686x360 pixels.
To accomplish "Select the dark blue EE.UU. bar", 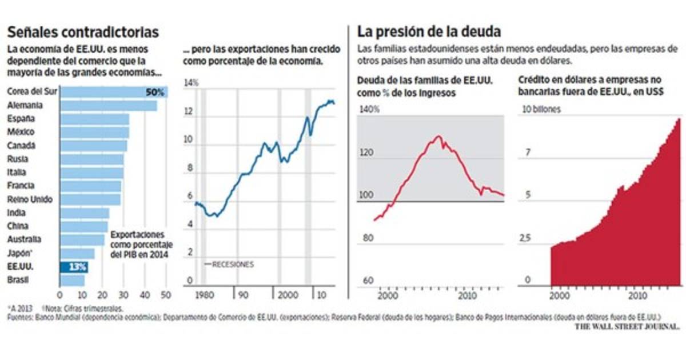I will [x=74, y=267].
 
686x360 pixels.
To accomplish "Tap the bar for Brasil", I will [x=72, y=280].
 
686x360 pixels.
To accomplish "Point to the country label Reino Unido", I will [x=30, y=199].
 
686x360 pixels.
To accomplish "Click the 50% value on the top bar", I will [x=155, y=92].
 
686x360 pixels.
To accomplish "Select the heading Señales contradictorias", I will [x=83, y=32].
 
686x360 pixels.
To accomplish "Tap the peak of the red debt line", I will [x=438, y=136].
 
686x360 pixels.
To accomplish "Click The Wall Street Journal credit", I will [x=627, y=326].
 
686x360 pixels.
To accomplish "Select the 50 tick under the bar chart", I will [x=166, y=295].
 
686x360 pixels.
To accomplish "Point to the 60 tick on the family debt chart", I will [x=368, y=280].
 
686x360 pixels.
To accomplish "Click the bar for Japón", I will [x=77, y=253].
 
